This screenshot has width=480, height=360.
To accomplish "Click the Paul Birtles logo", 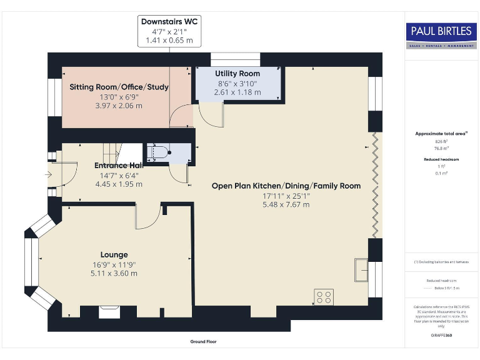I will [441, 34].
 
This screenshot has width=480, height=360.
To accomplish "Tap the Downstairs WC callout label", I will [169, 21].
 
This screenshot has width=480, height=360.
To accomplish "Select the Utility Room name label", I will [237, 74].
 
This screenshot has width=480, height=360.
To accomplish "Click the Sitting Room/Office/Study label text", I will [119, 87].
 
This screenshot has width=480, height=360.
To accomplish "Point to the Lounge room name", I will [114, 254].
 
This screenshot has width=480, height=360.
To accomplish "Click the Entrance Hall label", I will [119, 166].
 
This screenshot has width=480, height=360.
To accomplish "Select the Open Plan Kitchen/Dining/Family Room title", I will [286, 186].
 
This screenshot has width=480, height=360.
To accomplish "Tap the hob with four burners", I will [325, 296].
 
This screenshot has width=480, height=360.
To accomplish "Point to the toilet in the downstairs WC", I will [161, 152].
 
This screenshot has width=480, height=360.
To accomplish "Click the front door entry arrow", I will [49, 176].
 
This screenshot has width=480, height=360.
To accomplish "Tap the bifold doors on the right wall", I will [375, 184].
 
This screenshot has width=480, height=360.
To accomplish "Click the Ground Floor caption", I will [203, 342].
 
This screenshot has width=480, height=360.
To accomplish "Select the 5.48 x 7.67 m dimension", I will [286, 204].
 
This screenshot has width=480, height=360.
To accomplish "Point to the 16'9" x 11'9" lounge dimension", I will [114, 264].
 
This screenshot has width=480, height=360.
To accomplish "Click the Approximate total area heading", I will [441, 133].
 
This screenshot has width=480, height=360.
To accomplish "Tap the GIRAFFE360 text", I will [441, 336].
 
